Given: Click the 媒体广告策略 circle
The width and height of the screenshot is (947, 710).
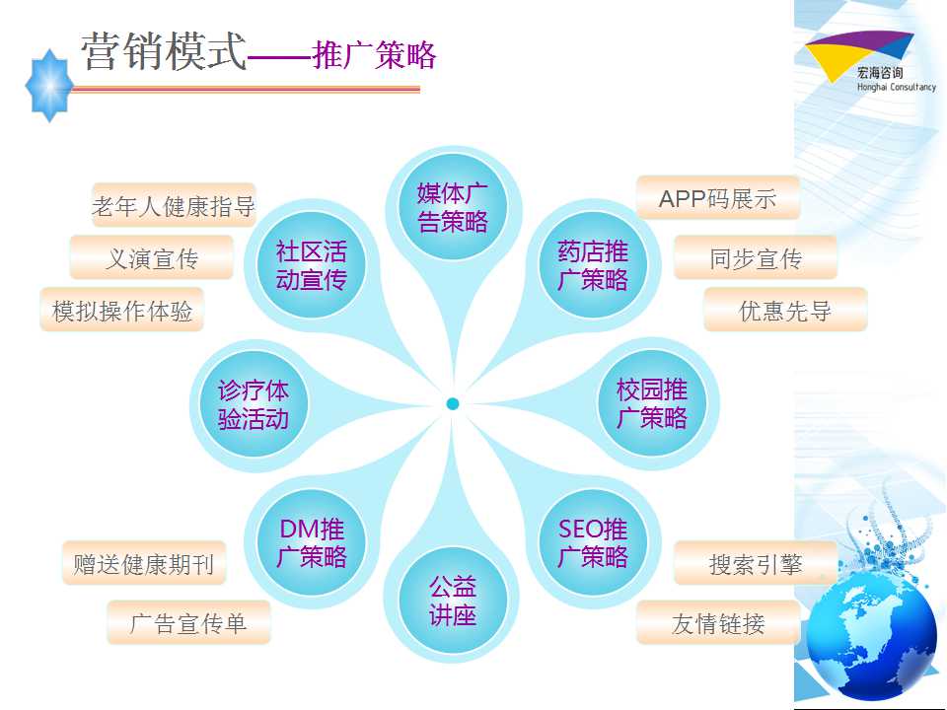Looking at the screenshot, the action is click(x=453, y=207).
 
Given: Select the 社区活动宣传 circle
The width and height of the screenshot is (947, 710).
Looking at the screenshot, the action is click(x=311, y=265).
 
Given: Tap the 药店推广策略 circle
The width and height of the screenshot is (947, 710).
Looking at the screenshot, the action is click(x=593, y=265).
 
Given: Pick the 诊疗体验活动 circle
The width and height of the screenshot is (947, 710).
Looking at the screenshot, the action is click(x=254, y=404).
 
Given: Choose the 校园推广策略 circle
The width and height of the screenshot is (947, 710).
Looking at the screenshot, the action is click(x=652, y=403).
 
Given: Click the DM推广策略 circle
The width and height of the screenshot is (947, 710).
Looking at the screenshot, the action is click(x=311, y=542).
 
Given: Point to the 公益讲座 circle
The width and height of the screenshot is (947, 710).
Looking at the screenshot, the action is click(x=453, y=601).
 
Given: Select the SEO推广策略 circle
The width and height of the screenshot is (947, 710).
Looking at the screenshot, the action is click(x=593, y=542).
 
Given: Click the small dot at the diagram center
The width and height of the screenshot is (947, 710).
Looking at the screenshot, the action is click(x=453, y=404).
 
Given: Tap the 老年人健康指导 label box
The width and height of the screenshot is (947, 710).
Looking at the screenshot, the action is click(x=174, y=205).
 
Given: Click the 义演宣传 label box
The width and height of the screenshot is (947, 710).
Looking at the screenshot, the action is click(x=152, y=257).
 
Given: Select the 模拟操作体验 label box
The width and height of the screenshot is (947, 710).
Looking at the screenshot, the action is click(x=122, y=310).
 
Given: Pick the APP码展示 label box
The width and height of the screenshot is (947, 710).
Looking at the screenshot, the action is click(x=718, y=198).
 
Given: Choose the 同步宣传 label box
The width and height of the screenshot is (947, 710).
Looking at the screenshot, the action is click(x=756, y=257).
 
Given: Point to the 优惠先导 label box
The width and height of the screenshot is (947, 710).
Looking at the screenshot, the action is click(x=785, y=310).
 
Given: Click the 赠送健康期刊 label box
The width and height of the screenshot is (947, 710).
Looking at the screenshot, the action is click(x=144, y=563).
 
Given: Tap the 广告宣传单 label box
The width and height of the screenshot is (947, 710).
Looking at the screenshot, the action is click(x=188, y=622).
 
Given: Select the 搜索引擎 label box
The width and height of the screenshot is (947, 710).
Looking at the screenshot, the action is click(x=756, y=563).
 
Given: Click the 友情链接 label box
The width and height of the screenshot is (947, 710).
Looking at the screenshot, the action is click(x=718, y=622).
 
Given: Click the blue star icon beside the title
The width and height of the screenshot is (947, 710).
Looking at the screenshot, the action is click(x=49, y=86).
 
